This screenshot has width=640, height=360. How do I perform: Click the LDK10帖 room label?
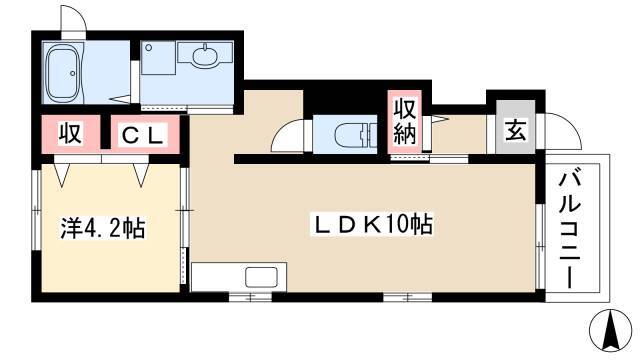coord(372,224)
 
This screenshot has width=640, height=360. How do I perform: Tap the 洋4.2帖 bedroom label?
coord(102,228)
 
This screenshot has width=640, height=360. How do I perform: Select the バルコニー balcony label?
coord(570,230)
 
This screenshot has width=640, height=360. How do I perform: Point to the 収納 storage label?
coord(404,122)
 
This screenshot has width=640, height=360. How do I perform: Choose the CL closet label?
coord(144,135)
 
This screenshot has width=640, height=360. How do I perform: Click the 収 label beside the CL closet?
coord(71,133)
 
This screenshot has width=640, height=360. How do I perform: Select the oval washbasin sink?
coord(205,56)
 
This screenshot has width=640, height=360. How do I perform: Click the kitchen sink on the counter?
coord(262,278)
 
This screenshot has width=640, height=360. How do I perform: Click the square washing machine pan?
coord(158,58)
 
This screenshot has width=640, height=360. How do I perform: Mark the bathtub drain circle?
coord(73,73)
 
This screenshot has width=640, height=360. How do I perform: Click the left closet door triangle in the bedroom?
coord(62,175)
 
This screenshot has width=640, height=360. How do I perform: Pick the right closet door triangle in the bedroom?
coord(141,175)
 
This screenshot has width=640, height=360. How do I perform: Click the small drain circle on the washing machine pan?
coord(149,48)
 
